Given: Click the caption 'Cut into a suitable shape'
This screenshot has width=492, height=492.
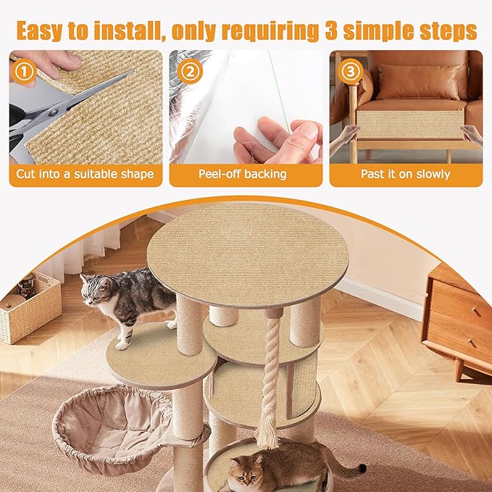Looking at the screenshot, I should (86, 174).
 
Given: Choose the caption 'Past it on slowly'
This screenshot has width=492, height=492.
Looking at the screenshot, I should (406, 174).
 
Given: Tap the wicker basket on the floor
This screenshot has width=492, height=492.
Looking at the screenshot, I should (29, 308).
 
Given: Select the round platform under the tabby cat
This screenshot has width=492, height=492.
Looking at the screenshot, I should (163, 355).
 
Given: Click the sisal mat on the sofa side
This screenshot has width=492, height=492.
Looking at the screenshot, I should (409, 123).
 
